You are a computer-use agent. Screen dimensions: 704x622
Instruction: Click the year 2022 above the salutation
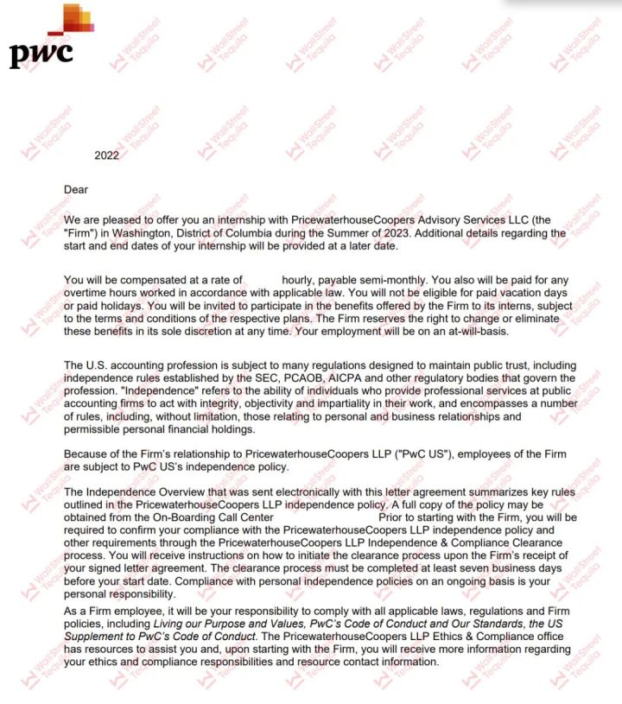[x=106, y=155]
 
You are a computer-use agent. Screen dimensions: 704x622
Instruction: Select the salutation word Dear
[x=76, y=189]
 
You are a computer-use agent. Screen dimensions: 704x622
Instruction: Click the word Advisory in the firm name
[x=424, y=220]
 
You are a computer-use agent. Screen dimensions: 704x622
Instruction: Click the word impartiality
[x=345, y=403]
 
